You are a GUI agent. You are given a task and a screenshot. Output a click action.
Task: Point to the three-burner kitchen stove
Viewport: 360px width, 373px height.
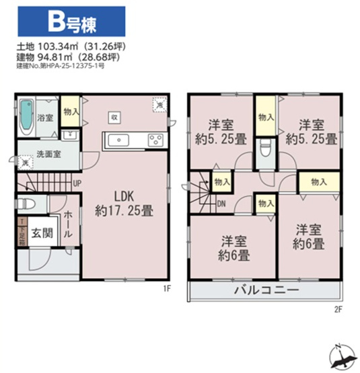click(155, 140)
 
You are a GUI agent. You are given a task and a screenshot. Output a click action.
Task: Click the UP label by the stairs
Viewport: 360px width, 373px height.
click(78, 182)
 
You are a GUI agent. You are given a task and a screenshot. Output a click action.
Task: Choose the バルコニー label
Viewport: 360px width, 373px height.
click(266, 291)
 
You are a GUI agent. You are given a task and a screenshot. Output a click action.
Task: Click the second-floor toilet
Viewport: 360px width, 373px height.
click(265, 149)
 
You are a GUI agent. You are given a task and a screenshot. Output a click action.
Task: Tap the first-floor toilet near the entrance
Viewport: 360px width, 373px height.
click(25, 204)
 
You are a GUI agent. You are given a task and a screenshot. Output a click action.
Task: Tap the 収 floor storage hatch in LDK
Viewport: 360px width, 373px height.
click(114, 116)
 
